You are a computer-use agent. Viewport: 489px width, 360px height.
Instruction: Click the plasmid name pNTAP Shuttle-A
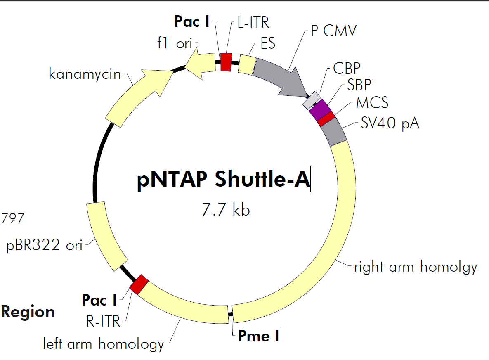(223, 180)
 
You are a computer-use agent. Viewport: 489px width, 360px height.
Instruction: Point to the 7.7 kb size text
(225, 210)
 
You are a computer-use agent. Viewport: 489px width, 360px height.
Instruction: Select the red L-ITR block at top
(226, 62)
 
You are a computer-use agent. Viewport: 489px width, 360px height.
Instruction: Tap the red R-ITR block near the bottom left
(139, 284)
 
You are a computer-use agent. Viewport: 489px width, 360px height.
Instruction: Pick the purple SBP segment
(320, 109)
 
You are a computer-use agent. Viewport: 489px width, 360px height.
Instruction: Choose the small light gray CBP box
(312, 100)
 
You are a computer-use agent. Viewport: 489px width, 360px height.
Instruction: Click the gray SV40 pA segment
(334, 131)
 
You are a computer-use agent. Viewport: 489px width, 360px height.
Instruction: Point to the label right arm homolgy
(416, 267)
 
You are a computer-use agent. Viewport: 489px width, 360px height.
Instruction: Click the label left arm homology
(104, 343)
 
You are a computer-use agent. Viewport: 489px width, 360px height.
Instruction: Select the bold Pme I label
(259, 336)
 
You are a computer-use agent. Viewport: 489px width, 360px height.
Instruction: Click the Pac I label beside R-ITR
(99, 300)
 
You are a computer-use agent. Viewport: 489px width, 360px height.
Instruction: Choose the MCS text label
(372, 102)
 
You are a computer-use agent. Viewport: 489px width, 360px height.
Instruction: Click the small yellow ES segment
(248, 65)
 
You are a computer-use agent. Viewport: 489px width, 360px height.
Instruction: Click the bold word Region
(28, 312)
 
